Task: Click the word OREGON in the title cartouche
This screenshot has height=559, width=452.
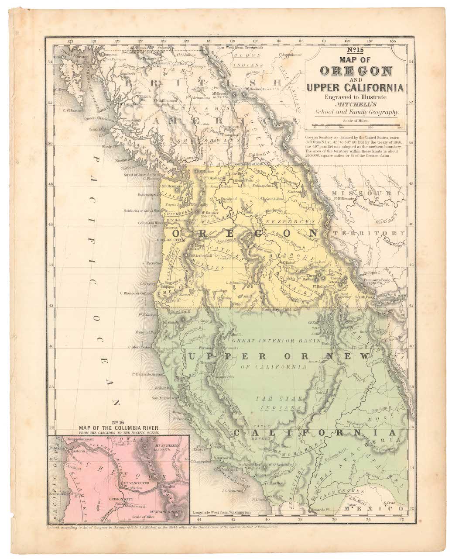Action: coord(356,71)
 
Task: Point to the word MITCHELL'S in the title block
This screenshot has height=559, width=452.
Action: coord(356,104)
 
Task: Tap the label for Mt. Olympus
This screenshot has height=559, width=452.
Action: coord(173,186)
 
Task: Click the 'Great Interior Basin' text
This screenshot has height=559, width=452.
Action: coord(276,340)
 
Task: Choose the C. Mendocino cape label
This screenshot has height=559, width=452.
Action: coord(140,347)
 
